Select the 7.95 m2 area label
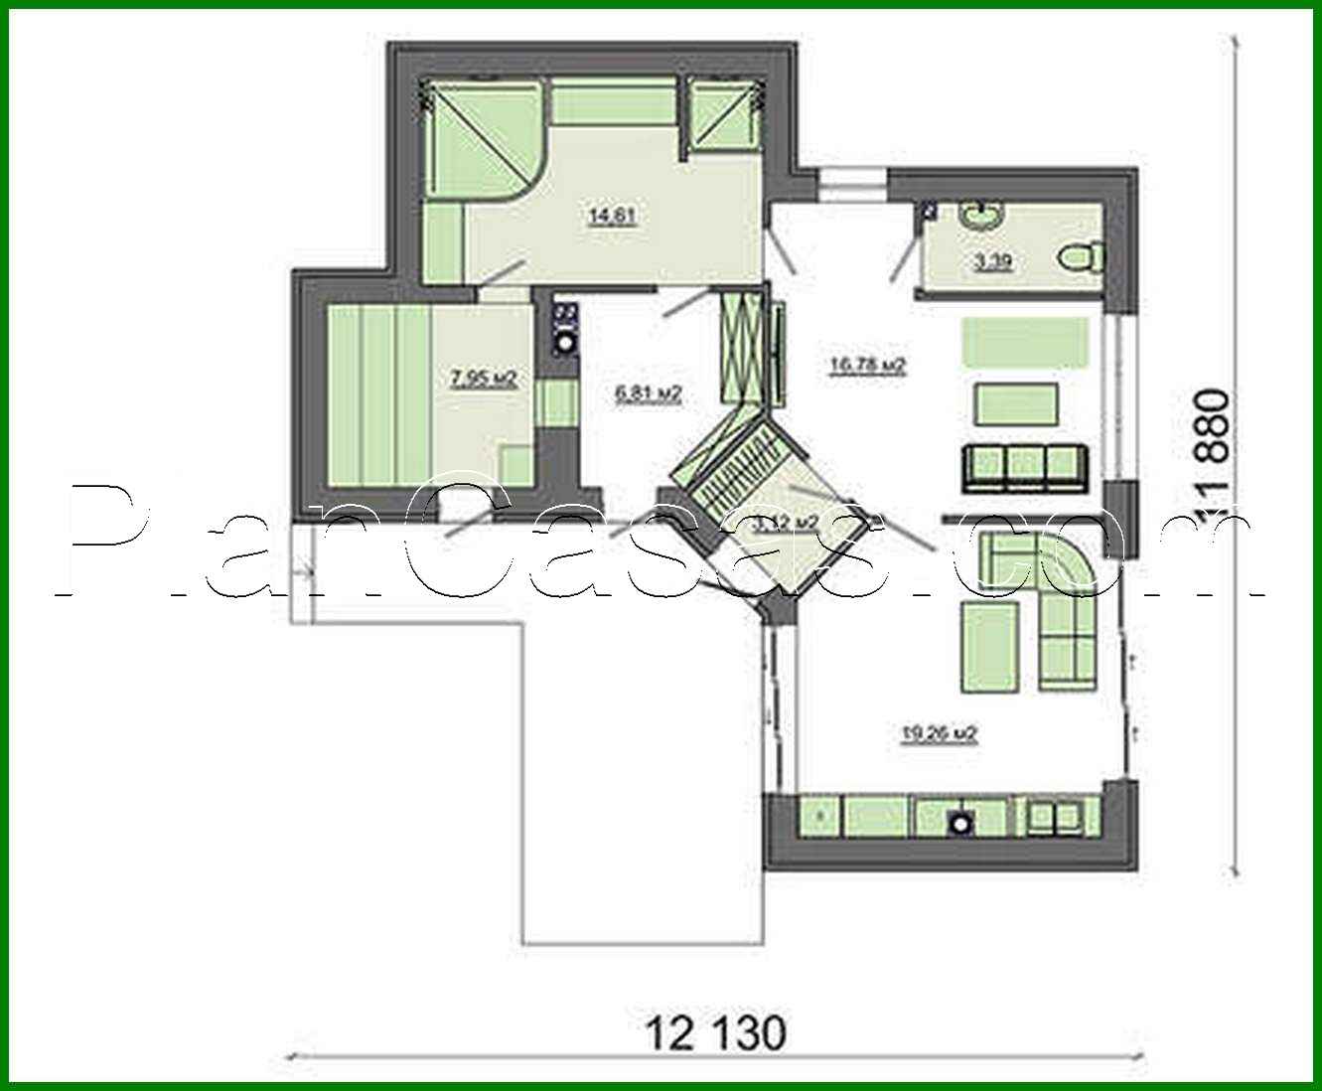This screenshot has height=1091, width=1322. [484, 378]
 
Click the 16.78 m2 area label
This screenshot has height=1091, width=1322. [867, 366]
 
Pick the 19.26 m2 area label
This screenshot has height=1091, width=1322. [940, 734]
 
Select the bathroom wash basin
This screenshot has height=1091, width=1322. [981, 216]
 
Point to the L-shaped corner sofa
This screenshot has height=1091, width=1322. [1053, 606]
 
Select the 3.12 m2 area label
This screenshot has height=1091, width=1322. [786, 523]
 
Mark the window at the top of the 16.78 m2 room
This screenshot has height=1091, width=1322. [852, 185]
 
